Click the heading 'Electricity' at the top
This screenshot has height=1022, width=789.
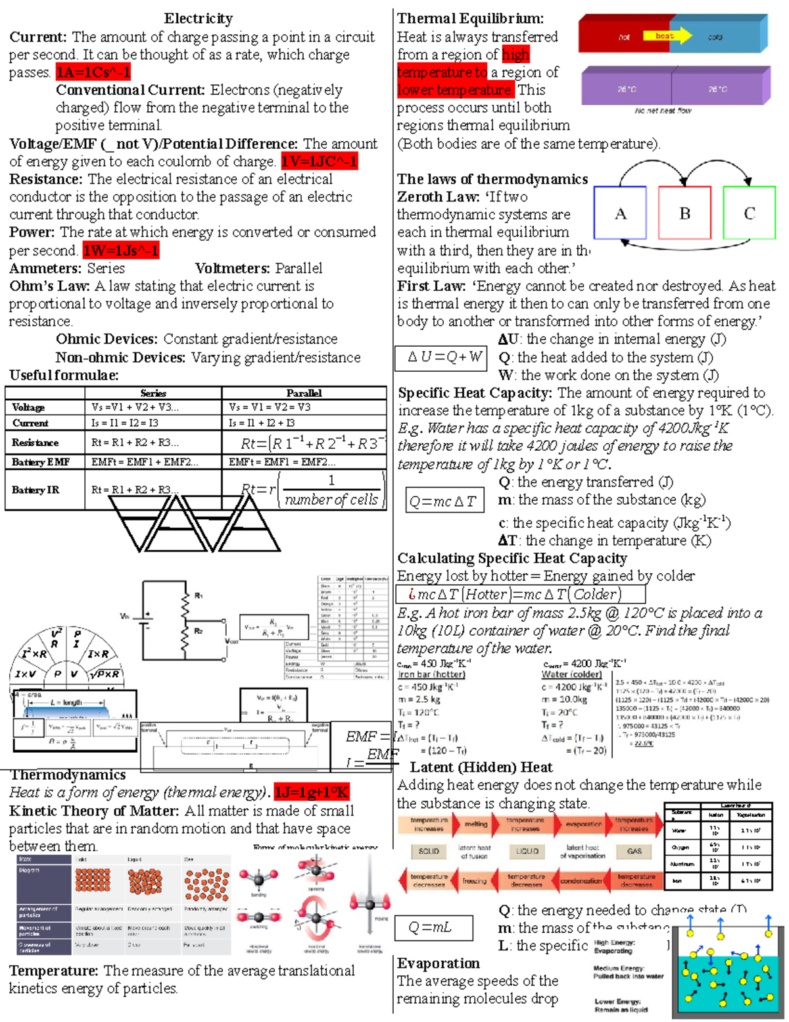tap(198, 18)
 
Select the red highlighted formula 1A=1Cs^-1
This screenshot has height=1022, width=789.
tap(93, 72)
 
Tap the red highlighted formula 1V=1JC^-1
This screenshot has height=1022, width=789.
tap(320, 161)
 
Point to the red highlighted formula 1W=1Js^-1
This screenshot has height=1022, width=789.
tap(121, 251)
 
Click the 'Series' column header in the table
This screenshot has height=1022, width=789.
tap(153, 393)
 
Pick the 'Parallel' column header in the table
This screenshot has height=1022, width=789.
tap(304, 393)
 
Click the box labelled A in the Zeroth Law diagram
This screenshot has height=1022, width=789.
tap(620, 213)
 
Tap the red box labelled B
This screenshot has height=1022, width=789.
tap(684, 213)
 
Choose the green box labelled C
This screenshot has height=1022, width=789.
tap(749, 213)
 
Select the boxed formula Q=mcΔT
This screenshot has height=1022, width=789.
tap(444, 501)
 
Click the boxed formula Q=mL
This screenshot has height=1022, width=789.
tap(433, 928)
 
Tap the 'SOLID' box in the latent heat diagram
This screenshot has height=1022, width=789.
tap(429, 851)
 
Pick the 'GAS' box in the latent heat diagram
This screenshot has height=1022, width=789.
tap(634, 851)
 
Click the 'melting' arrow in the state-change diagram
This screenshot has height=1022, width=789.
tap(475, 824)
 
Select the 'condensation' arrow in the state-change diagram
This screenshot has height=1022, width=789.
tap(581, 881)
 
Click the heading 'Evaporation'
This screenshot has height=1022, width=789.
tap(439, 963)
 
